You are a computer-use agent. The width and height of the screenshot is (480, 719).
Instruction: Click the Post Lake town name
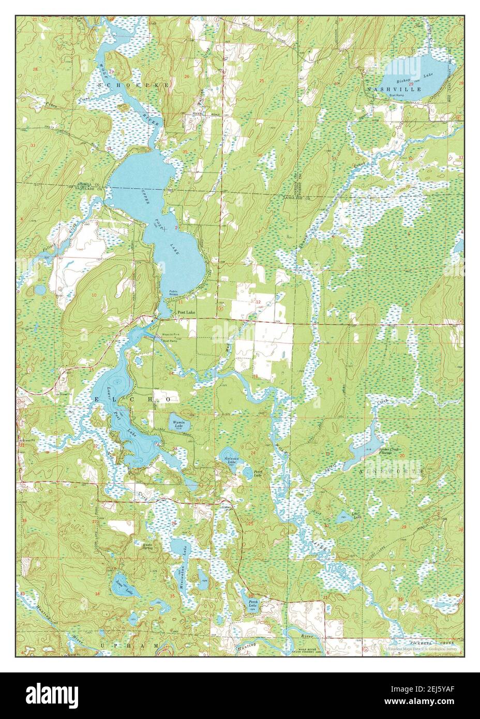point(188,313)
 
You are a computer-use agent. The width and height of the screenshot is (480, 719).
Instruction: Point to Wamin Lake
point(178,423)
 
